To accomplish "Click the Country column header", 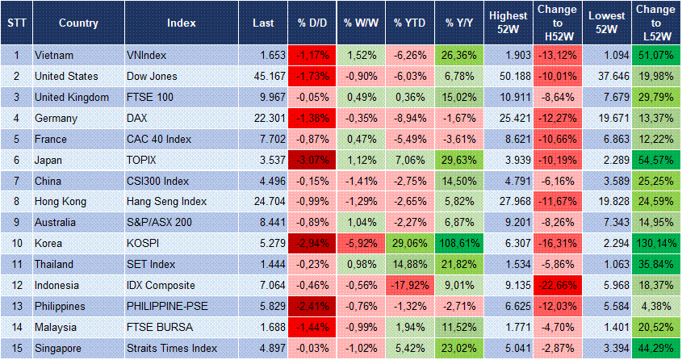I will click(x=78, y=23).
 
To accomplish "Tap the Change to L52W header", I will click(x=656, y=23).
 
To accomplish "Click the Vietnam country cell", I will click(x=54, y=55).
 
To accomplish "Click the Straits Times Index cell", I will click(x=171, y=349).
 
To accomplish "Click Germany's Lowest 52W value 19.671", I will click(x=605, y=118).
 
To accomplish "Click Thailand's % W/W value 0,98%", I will click(x=360, y=265).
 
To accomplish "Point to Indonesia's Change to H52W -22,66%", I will click(x=557, y=286).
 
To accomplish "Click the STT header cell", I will click(x=16, y=23).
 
